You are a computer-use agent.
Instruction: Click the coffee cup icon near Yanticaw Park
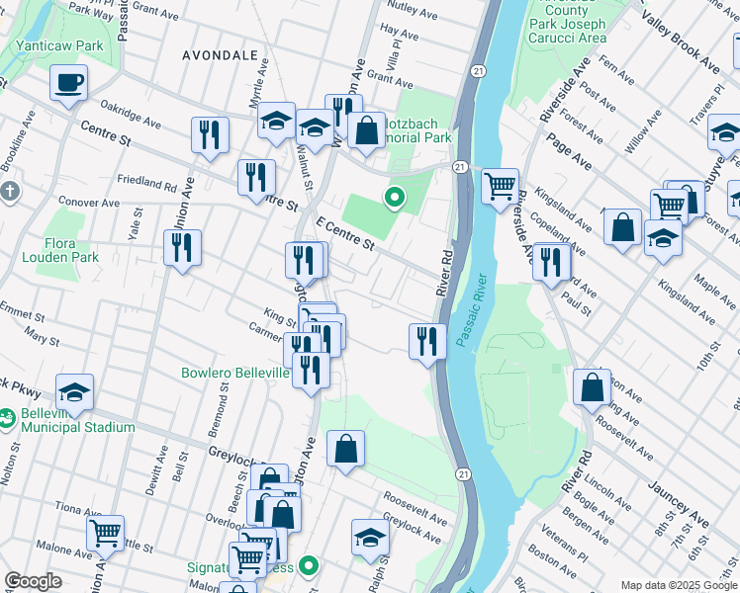(68, 84)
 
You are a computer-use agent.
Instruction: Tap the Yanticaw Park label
(59, 45)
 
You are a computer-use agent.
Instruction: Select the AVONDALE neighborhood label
(220, 56)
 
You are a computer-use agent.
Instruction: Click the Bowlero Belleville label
(234, 374)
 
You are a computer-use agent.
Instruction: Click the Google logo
(34, 581)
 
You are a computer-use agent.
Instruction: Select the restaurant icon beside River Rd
(426, 342)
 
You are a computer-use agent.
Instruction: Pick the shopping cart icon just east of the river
(501, 185)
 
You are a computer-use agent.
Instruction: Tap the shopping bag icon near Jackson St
(592, 387)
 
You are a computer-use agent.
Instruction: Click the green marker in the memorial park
(394, 199)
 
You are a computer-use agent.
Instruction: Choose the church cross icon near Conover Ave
(9, 190)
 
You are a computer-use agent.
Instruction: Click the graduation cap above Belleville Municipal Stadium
(74, 392)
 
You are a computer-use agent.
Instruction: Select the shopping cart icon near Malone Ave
(105, 534)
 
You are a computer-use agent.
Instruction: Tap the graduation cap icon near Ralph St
(370, 538)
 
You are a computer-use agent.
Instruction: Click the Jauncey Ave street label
(679, 504)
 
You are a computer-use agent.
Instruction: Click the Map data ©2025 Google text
(678, 585)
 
